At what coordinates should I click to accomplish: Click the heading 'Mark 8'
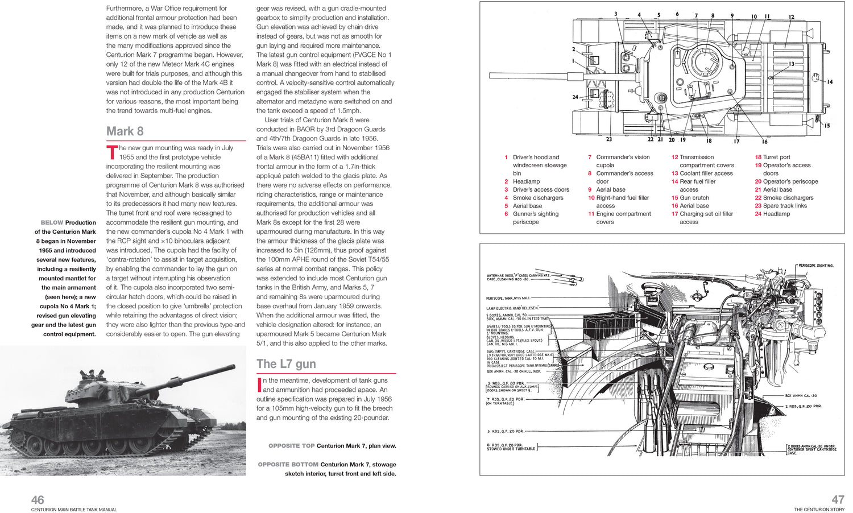tap(125, 131)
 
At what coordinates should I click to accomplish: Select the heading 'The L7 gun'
tap(286, 364)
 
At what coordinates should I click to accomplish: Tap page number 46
tap(38, 500)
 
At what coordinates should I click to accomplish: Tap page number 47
tap(838, 500)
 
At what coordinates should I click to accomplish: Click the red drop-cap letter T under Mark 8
tap(112, 152)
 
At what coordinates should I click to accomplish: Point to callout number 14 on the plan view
tap(829, 82)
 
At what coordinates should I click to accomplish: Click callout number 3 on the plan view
tap(615, 14)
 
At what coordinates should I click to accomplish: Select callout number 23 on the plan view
tap(608, 139)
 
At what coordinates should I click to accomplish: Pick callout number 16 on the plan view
tap(764, 141)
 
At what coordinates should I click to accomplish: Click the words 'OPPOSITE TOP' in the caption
tap(291, 446)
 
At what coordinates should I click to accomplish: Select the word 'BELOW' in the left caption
tap(52, 222)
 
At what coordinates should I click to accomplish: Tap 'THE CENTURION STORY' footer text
tap(819, 510)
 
